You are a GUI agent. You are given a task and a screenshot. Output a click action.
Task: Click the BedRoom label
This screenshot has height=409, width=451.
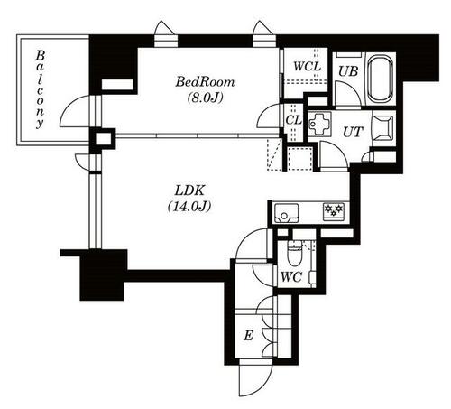click(x=205, y=82)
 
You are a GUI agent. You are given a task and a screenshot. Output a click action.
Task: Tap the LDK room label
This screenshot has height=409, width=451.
click(x=189, y=191)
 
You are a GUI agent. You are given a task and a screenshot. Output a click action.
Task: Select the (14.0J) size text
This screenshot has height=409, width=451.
click(x=189, y=207)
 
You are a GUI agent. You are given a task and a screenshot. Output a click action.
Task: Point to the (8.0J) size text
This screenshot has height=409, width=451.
click(x=205, y=98)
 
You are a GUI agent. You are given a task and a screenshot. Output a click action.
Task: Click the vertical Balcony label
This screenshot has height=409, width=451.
click(x=40, y=89)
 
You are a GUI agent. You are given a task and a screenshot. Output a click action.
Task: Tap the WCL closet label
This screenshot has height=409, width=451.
click(x=307, y=66)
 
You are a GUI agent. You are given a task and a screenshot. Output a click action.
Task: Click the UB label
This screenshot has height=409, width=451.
click(x=348, y=71)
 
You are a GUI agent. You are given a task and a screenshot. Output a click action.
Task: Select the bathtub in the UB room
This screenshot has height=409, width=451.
click(x=381, y=79)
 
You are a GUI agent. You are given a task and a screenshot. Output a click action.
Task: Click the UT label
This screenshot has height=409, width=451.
click(x=353, y=132)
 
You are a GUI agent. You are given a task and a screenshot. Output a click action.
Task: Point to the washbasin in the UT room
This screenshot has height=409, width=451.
click(x=382, y=128)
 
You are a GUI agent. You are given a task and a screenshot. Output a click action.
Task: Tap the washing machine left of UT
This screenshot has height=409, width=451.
click(x=320, y=124)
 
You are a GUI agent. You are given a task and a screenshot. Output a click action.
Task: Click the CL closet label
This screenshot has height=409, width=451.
click(x=293, y=120)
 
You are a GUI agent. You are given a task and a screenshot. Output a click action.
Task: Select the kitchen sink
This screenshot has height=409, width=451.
click(x=285, y=213)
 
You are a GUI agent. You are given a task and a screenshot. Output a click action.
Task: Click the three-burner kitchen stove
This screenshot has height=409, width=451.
click(x=334, y=211)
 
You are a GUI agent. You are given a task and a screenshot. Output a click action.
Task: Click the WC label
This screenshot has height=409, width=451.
click(x=291, y=277)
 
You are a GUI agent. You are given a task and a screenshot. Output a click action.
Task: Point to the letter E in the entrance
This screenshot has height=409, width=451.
click(x=248, y=335)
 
